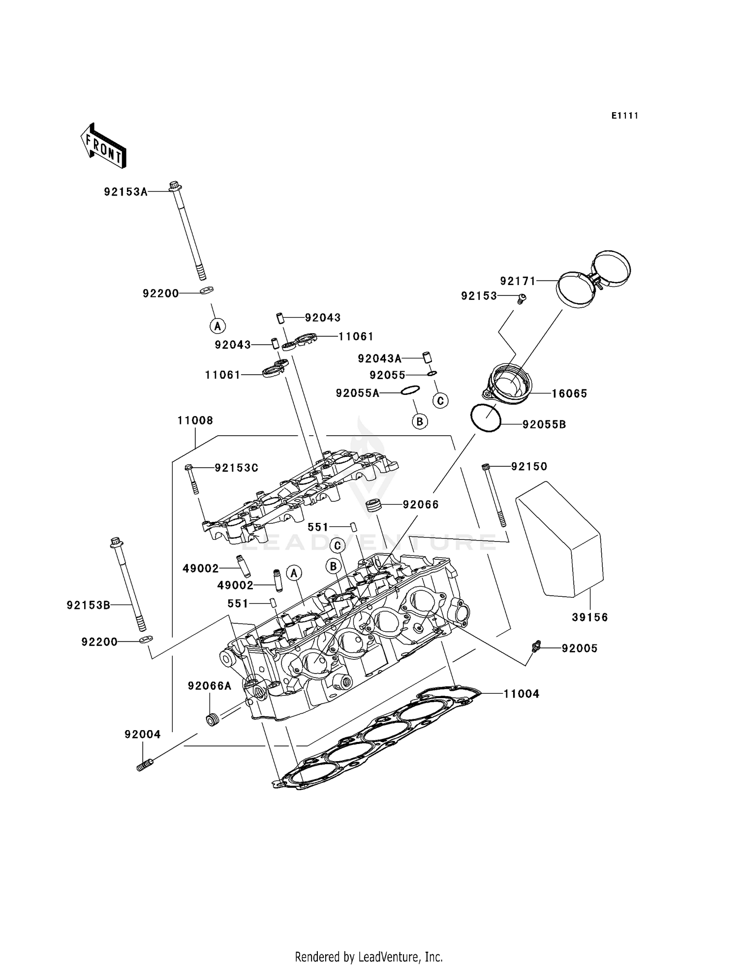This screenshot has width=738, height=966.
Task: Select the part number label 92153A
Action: pyautogui.click(x=125, y=192)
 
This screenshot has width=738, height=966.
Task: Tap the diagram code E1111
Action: pyautogui.click(x=625, y=116)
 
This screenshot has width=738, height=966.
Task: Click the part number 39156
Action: pyautogui.click(x=590, y=617)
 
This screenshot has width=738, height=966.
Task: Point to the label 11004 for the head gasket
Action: pyautogui.click(x=522, y=694)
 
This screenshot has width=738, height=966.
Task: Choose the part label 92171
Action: pyautogui.click(x=518, y=281)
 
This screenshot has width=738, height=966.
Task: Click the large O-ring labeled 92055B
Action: pyautogui.click(x=486, y=418)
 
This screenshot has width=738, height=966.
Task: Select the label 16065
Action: pyautogui.click(x=569, y=393)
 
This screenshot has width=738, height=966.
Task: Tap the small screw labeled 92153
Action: pyautogui.click(x=523, y=298)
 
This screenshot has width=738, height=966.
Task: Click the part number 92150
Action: pyautogui.click(x=529, y=466)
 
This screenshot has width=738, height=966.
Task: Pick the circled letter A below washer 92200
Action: pyautogui.click(x=217, y=325)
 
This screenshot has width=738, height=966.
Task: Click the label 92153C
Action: pyautogui.click(x=236, y=468)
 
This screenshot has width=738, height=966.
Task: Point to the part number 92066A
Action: pyautogui.click(x=209, y=686)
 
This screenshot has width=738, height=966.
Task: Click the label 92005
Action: pyautogui.click(x=580, y=648)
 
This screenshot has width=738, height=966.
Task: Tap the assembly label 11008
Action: pyautogui.click(x=195, y=420)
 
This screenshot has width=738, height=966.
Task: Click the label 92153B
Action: pyautogui.click(x=89, y=605)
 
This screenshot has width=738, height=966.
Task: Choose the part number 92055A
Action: pyautogui.click(x=358, y=393)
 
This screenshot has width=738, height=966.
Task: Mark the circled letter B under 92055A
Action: pyautogui.click(x=420, y=421)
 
